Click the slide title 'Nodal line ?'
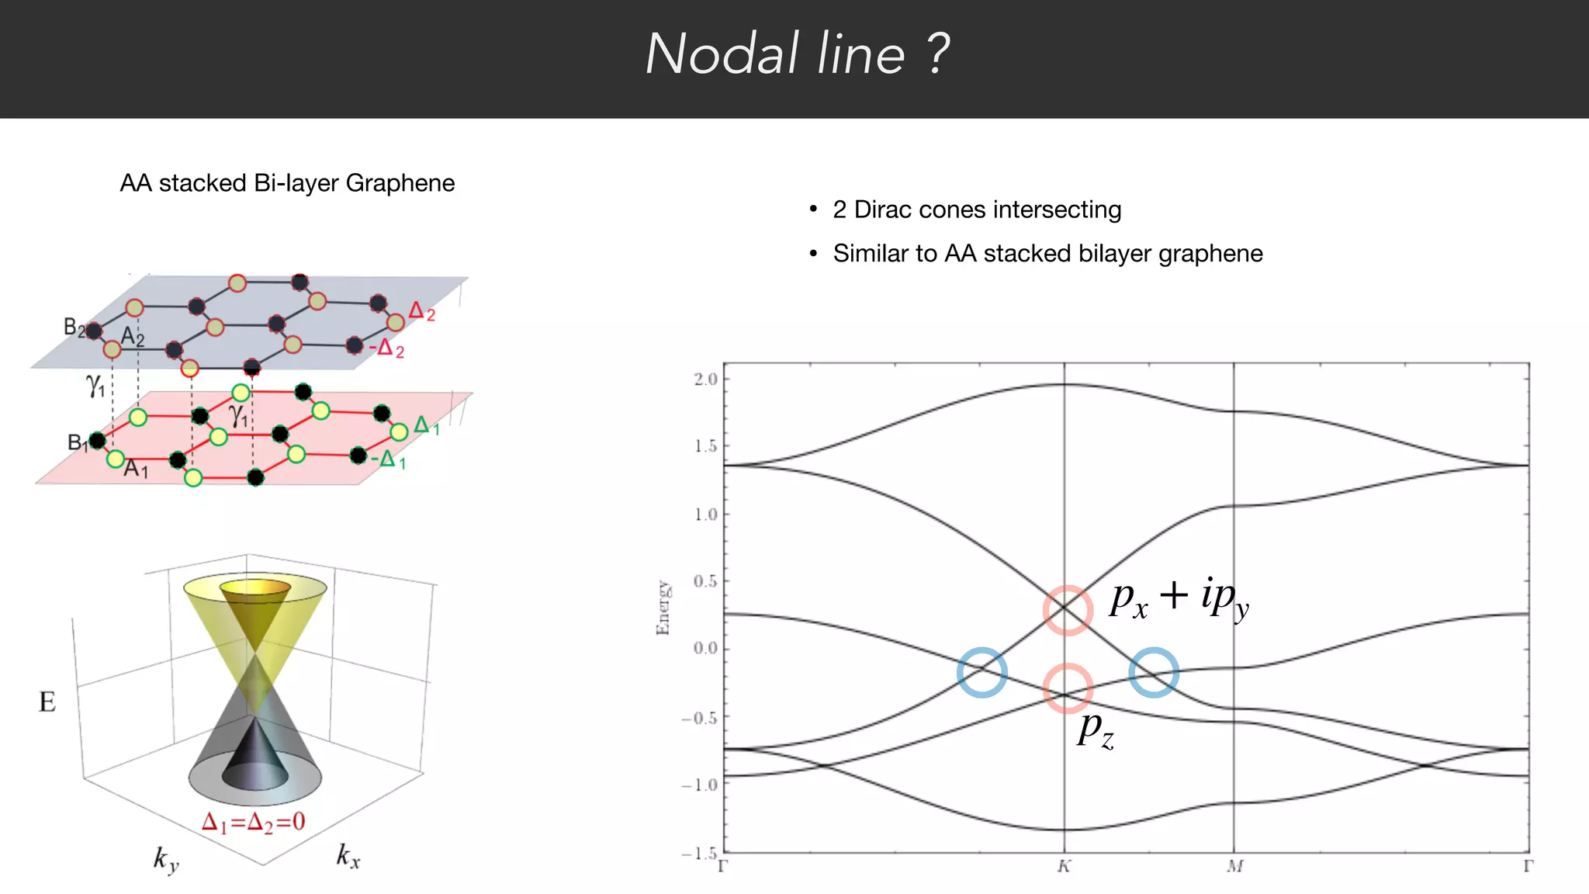click(797, 54)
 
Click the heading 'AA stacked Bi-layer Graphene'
click(287, 183)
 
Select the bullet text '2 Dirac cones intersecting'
click(977, 210)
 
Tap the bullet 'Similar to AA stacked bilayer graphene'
click(1047, 254)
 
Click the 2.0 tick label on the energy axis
click(705, 379)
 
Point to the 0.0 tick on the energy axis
click(705, 649)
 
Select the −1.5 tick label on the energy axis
click(699, 853)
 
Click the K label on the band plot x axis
click(1064, 866)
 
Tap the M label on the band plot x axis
click(1234, 866)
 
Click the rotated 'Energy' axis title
click(663, 608)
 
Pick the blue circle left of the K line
click(982, 672)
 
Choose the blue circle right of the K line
click(1154, 672)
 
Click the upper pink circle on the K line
click(1068, 610)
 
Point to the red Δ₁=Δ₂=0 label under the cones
click(254, 822)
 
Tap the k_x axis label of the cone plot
click(348, 856)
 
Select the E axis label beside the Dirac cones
click(47, 702)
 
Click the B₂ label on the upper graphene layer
click(74, 327)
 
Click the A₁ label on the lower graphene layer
click(136, 468)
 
